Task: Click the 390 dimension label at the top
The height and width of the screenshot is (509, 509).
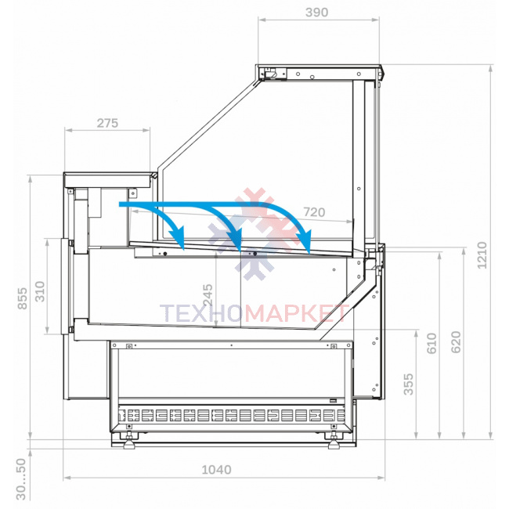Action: point(316,13)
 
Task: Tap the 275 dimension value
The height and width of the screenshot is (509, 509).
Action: point(107,124)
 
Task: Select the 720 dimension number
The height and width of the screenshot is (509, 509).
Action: point(314,212)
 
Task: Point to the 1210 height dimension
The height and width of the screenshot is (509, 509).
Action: point(482,255)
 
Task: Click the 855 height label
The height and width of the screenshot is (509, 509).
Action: point(23,298)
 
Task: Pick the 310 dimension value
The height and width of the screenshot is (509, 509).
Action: point(40,291)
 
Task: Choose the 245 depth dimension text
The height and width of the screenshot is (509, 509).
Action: point(208,295)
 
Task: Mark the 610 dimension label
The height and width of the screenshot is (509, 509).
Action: point(431,343)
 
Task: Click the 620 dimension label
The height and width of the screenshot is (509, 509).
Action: point(456,342)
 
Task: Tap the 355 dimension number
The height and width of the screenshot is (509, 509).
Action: point(408,384)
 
